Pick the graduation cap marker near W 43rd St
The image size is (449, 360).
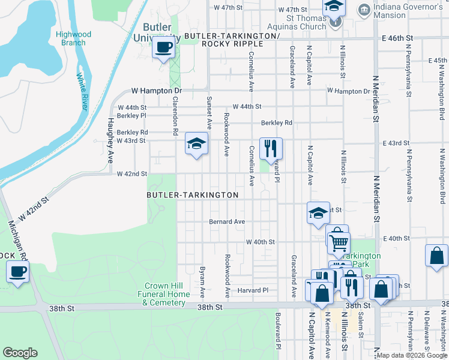coord(196,143)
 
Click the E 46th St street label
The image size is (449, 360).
coord(397,37)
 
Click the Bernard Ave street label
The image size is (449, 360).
coord(227,221)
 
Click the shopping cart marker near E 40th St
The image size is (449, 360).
coord(339,242)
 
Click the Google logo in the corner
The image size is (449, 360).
coord(20,353)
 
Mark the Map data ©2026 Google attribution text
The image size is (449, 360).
coord(411,355)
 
